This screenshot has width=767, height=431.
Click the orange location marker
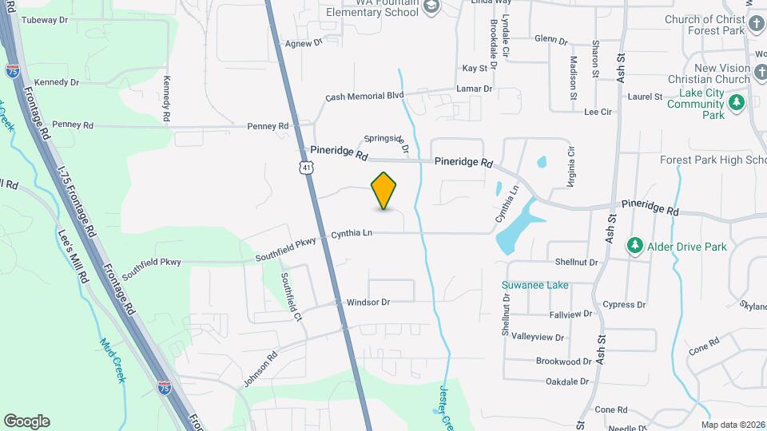click(384, 190)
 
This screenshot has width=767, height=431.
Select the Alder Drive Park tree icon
click(635, 246)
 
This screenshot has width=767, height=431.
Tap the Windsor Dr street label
click(368, 302)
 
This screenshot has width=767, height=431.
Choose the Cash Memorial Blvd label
click(364, 97)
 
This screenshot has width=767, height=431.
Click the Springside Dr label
click(387, 142)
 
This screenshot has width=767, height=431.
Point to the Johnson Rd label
click(260, 366)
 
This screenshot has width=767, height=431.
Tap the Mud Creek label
click(113, 360)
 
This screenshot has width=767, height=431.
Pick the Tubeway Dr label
click(46, 22)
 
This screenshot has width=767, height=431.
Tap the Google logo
click(26, 421)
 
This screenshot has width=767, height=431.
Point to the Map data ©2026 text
click(732, 425)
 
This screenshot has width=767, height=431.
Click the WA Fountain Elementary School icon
click(431, 7)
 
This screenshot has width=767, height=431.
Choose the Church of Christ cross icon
click(757, 23)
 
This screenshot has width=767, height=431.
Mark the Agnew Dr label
click(303, 42)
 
